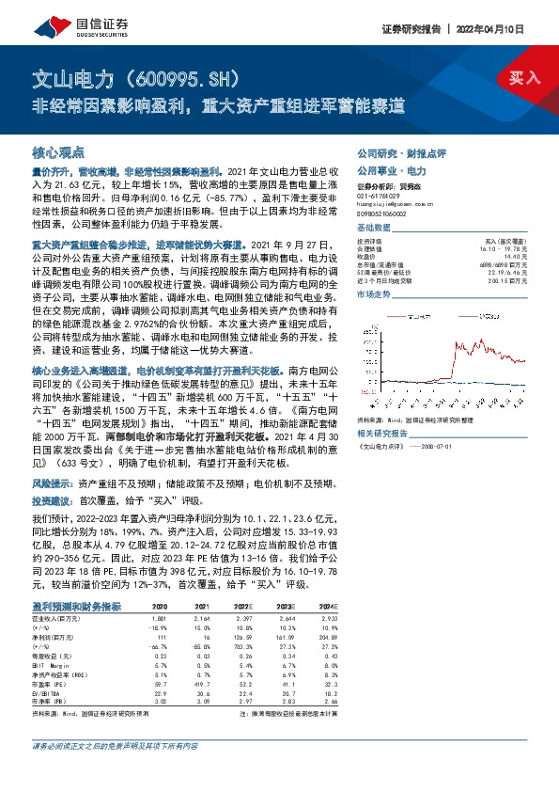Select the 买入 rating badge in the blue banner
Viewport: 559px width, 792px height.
pyautogui.click(x=524, y=78)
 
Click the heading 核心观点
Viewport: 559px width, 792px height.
pyautogui.click(x=58, y=151)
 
